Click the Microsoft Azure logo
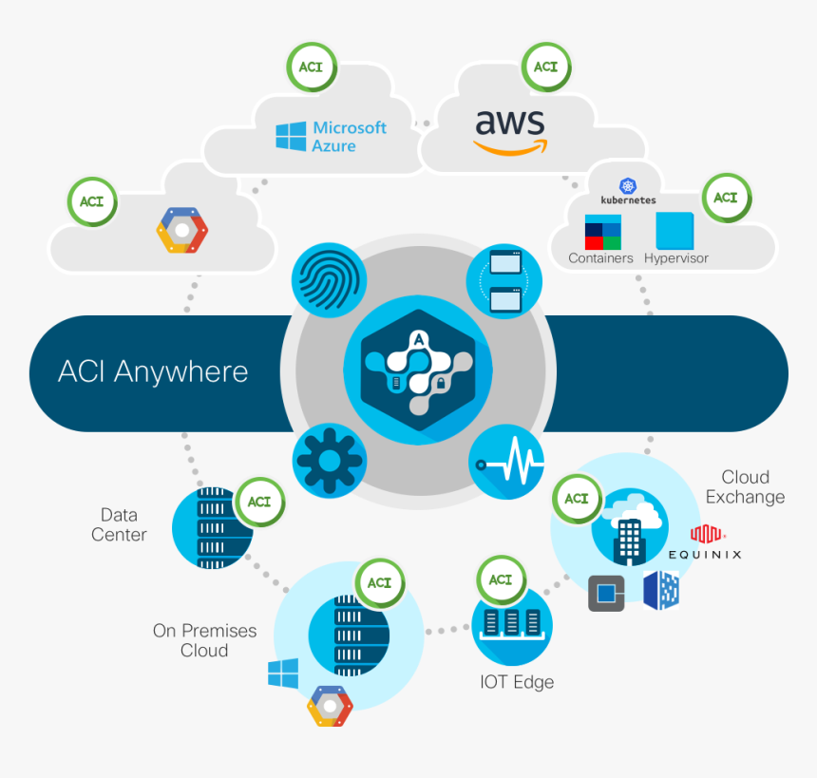[332, 137]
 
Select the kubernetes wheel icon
[627, 186]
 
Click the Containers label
[600, 257]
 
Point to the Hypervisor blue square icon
[674, 231]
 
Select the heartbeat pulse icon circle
[507, 461]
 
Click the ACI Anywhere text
[153, 371]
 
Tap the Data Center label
[119, 524]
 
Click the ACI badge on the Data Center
[259, 502]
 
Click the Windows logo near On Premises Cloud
[283, 674]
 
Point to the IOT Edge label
[516, 682]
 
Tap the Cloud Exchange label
[745, 486]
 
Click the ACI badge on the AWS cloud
[545, 67]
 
